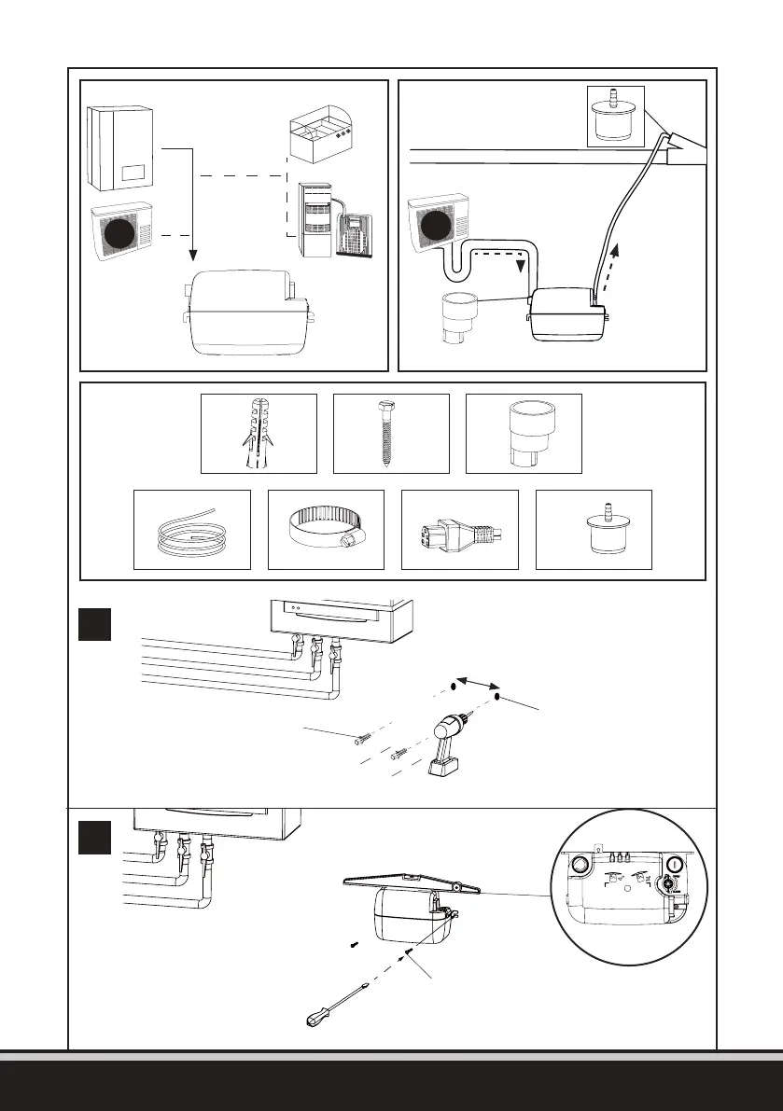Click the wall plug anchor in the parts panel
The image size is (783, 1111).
coord(259,433)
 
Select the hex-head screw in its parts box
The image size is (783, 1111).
coord(391,433)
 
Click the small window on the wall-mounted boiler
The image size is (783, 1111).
coord(132,173)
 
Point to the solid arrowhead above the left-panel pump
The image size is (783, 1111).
coord(192,254)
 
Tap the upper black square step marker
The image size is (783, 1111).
coord(95,623)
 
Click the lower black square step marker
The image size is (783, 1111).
coord(95,837)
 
